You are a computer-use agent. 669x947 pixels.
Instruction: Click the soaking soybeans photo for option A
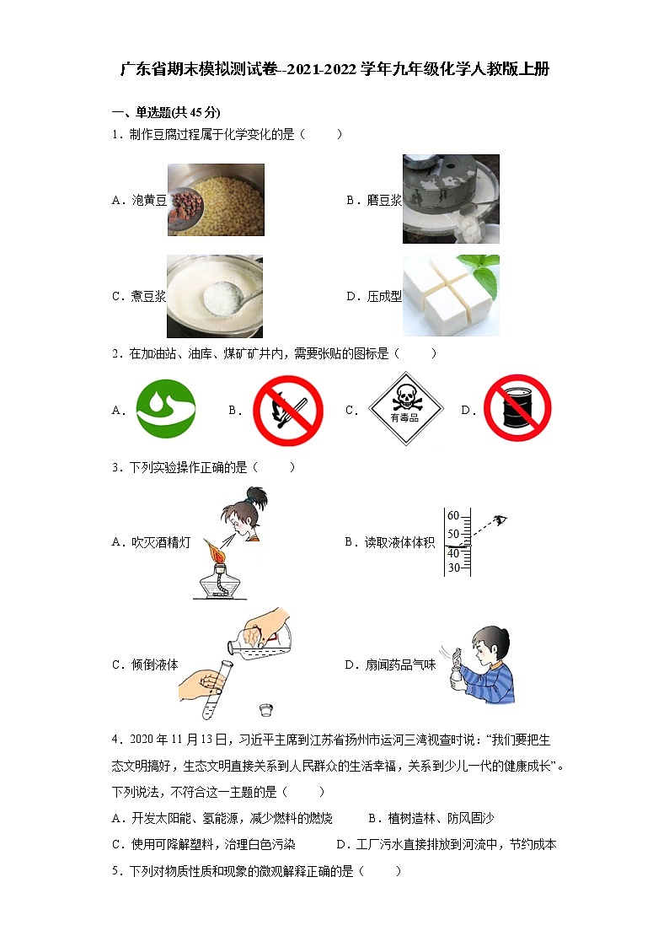tap(215, 200)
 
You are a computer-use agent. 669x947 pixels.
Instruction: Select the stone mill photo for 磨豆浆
tap(451, 199)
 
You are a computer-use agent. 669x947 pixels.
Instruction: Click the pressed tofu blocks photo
tap(451, 296)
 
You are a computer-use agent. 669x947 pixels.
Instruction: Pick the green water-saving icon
tap(166, 410)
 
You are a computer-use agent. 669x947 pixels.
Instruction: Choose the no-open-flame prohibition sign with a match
tap(288, 411)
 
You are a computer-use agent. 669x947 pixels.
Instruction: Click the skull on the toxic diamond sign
tap(404, 396)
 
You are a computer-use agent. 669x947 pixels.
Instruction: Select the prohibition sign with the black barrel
tap(516, 410)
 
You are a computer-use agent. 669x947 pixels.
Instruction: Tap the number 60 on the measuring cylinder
tap(453, 516)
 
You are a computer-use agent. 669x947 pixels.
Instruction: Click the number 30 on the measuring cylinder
tap(453, 568)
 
